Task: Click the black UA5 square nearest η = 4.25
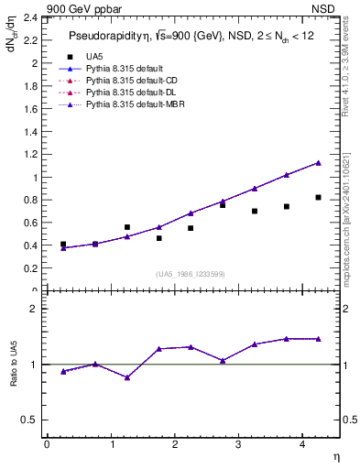pyautogui.click(x=318, y=197)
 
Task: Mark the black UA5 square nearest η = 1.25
pyautogui.click(x=126, y=227)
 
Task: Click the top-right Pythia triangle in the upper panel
pyautogui.click(x=318, y=162)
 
